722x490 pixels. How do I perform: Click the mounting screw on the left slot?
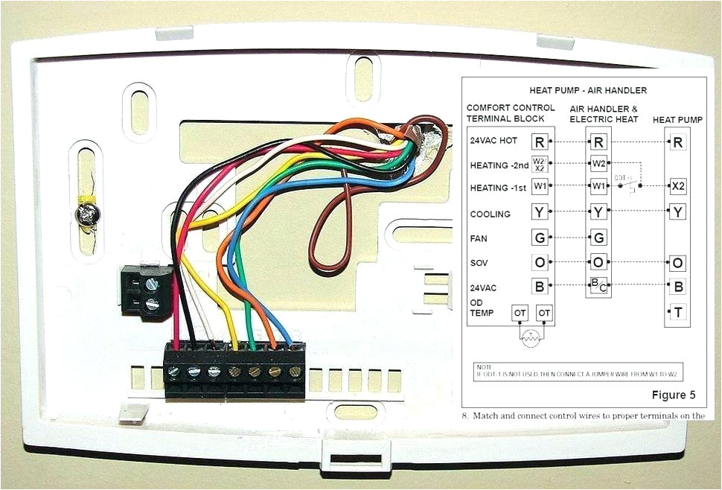[x=86, y=216]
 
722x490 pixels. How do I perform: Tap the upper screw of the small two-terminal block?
[x=153, y=283]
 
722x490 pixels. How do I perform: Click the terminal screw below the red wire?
[x=176, y=370]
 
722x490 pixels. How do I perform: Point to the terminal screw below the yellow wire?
[x=234, y=370]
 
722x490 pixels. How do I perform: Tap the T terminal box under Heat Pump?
[x=678, y=313]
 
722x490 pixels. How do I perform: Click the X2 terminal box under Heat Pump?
[x=678, y=185]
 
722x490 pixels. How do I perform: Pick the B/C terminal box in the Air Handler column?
[x=598, y=284]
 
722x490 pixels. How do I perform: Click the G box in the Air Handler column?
[x=598, y=238]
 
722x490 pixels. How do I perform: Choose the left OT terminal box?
[x=520, y=314]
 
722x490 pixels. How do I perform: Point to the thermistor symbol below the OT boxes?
[x=531, y=339]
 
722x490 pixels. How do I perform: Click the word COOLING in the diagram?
[x=490, y=214]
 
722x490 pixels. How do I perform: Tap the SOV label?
[x=479, y=263]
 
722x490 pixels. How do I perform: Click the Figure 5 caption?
[x=674, y=394]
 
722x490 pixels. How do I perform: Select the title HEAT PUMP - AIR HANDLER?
[x=588, y=90]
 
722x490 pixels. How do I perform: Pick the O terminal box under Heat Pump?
[x=678, y=263]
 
